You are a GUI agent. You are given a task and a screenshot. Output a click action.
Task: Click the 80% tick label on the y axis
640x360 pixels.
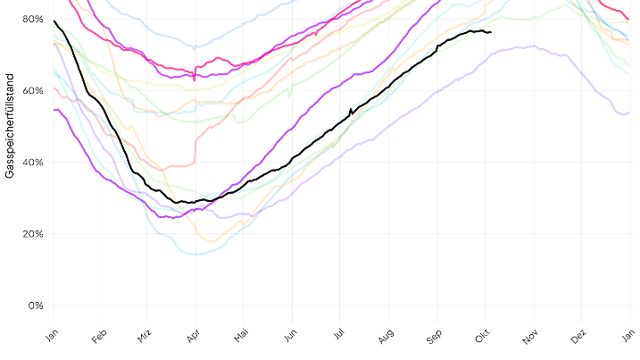[33, 19]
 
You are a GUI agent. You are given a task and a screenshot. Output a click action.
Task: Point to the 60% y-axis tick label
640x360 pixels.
[33, 90]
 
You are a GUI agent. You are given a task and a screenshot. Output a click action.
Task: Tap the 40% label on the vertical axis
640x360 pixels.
[33, 162]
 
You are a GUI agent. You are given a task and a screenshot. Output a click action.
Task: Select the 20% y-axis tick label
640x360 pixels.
[33, 233]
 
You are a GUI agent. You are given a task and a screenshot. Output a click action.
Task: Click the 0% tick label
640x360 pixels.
[36, 305]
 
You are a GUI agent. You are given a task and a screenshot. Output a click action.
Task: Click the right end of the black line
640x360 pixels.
[491, 32]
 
